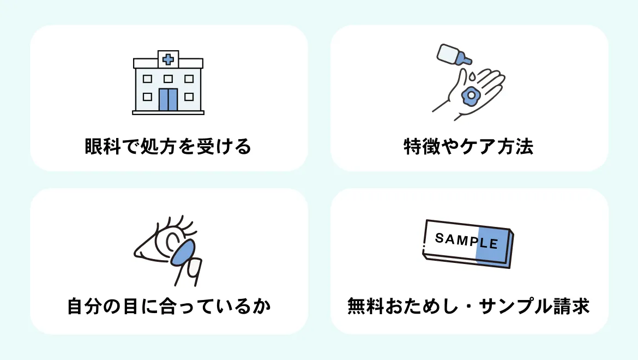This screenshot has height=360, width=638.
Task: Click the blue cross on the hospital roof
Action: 168,60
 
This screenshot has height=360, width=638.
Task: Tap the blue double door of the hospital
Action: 168,100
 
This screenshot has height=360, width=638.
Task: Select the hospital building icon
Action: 168,82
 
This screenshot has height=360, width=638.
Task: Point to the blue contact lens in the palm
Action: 471,95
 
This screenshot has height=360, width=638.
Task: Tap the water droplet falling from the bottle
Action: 472,76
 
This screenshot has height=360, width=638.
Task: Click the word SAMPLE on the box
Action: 466,241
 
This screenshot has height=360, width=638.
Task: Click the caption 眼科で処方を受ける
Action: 168,146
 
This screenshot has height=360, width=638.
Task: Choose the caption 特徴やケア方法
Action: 468,146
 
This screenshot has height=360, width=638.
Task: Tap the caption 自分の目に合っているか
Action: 169,306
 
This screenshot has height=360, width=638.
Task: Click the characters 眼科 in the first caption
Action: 103,146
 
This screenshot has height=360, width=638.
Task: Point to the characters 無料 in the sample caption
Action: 366,306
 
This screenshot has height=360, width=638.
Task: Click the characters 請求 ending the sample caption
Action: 571,306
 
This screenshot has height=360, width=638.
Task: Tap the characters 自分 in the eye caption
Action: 85,306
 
